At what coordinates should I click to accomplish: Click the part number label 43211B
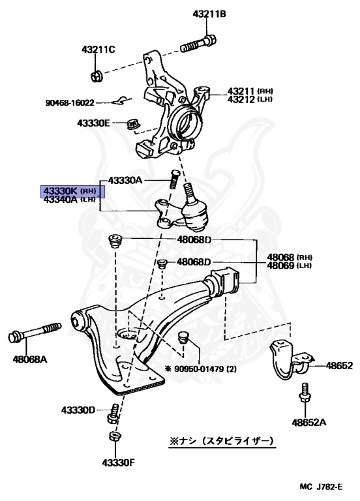pos(209,14)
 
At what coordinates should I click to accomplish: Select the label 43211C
pos(98,50)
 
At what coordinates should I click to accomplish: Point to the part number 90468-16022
pos(70,102)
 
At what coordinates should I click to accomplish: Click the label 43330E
pos(94,123)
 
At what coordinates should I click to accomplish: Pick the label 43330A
pos(125,180)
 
